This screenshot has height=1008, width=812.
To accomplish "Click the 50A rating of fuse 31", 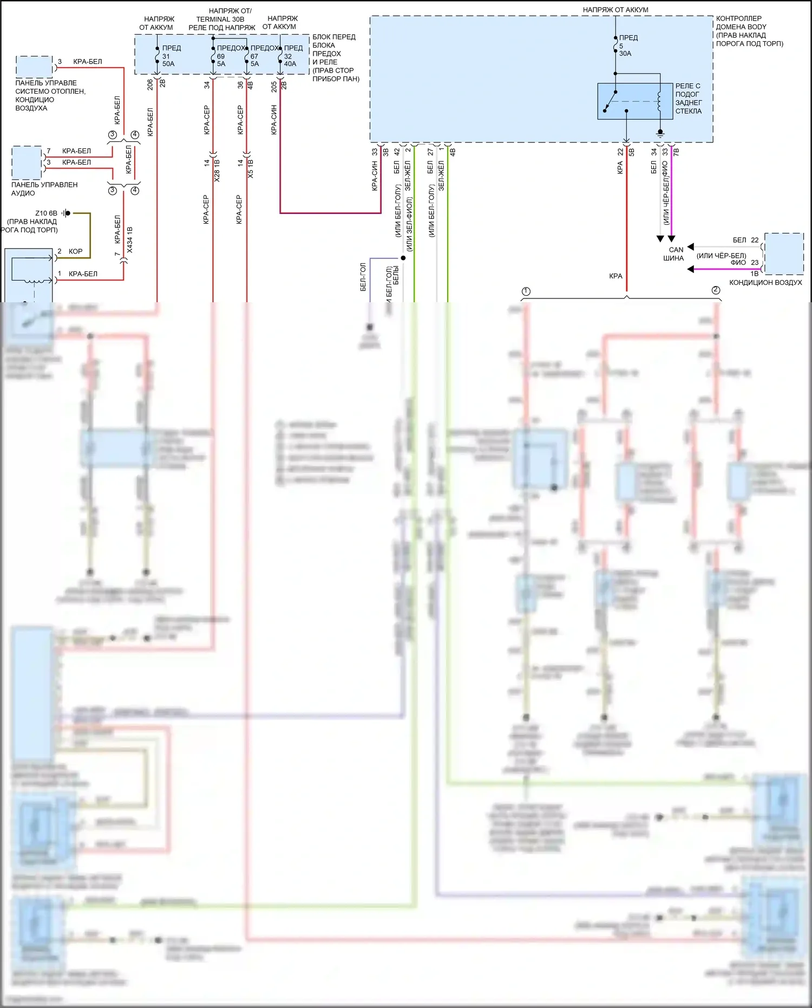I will point(168,64).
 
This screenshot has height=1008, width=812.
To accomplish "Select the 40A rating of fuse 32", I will point(290,64).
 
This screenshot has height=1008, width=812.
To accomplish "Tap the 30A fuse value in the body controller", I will point(625,54).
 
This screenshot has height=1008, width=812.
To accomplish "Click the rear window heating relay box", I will point(627,101).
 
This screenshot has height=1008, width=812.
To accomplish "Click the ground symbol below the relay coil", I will point(660,132).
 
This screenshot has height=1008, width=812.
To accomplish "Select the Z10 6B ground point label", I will point(46,213).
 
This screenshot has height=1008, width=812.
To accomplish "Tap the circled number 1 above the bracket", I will point(526,291).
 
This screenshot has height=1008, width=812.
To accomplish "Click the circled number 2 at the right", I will point(716,290).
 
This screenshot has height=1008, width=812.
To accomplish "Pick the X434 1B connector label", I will point(129,240).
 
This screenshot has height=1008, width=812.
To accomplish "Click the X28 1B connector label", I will point(217,170).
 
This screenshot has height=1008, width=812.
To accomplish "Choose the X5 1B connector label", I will point(250,168).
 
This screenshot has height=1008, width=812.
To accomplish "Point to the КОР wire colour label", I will point(76,251).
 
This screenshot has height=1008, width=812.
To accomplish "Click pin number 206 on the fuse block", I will point(150,84).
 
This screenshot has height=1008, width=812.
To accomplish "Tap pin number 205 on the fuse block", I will point(274,87).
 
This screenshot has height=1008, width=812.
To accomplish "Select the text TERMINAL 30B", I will point(220,19).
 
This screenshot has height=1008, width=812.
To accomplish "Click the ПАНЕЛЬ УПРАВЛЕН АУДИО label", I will point(44,188).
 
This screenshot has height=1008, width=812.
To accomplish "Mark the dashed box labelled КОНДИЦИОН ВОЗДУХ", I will point(783,253).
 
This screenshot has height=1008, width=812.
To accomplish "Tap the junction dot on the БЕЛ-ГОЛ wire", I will point(403,258).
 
